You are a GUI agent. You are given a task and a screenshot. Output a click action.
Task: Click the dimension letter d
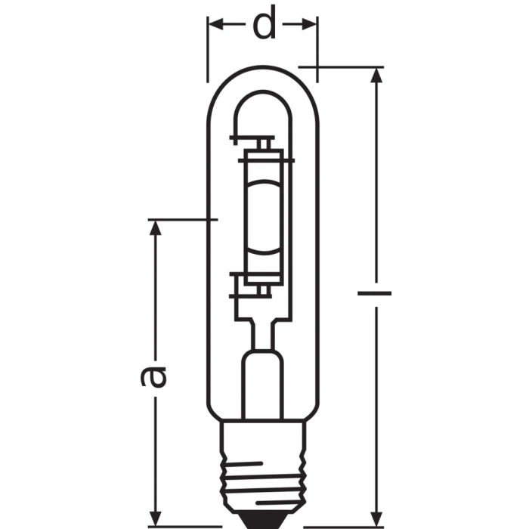pyautogui.click(x=263, y=25)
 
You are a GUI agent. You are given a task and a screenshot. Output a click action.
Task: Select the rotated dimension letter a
pyautogui.click(x=155, y=376)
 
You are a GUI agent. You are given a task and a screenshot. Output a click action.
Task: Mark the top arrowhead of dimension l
pyautogui.click(x=375, y=74)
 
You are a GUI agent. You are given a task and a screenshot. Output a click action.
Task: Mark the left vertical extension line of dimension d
pyautogui.click(x=207, y=49)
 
